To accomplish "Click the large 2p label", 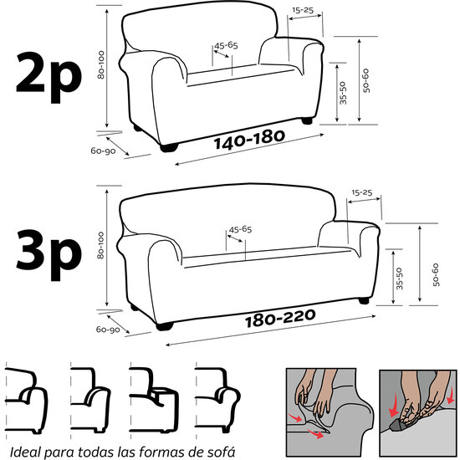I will tap(47, 73).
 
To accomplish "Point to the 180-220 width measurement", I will tap(279, 319).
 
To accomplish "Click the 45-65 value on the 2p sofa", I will tap(226, 45).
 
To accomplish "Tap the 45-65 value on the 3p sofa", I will tap(240, 228).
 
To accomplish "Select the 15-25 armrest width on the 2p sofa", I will tap(303, 10).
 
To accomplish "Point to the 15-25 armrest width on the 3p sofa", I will tap(361, 192).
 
